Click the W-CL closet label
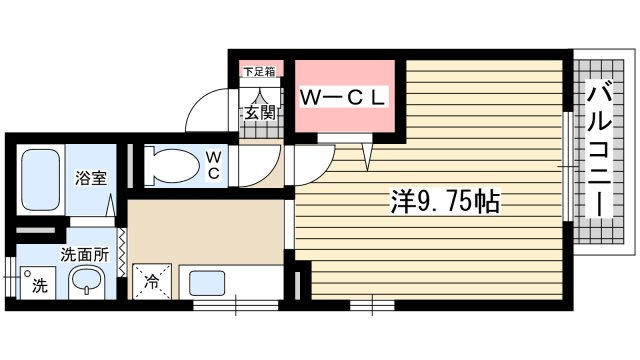tap(342, 97)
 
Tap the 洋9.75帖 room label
tap(445, 201)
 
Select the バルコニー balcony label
tap(599, 149)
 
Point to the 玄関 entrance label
tap(260, 113)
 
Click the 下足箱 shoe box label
tap(259, 72)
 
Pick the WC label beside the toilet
tap(213, 165)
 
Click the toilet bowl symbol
tap(171, 165)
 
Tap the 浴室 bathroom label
tap(91, 178)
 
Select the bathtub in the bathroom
tap(40, 180)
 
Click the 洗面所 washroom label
tap(85, 255)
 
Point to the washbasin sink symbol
tap(86, 282)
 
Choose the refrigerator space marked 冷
tap(151, 281)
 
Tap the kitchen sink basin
tap(207, 282)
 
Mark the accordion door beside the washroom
tap(122, 251)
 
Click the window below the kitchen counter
tap(236, 305)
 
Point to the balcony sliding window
tap(567, 166)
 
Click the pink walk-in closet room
tap(344, 96)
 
